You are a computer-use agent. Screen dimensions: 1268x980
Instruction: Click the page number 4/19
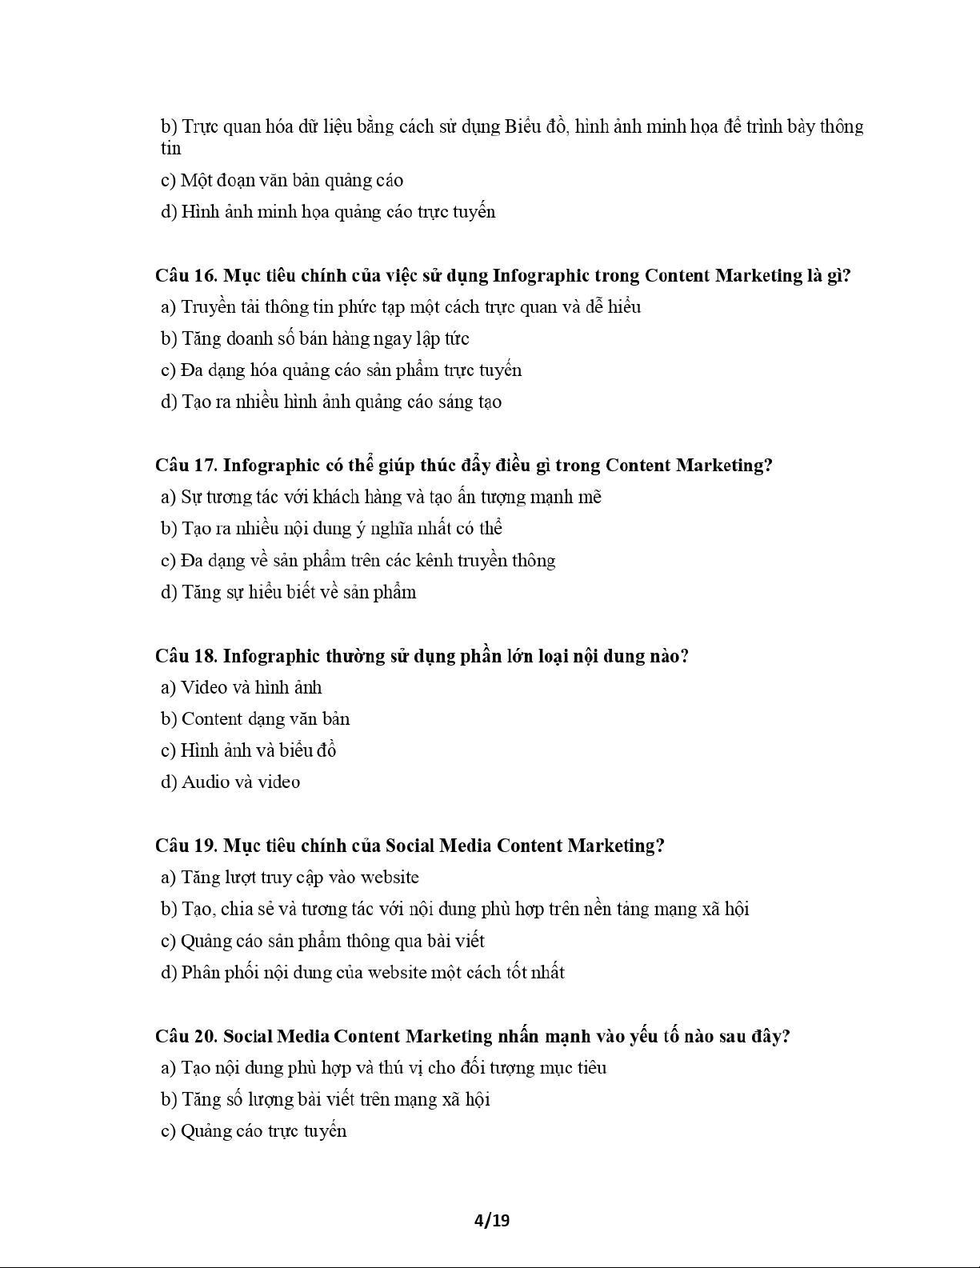click(491, 1220)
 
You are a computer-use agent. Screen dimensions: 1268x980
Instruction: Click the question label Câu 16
click(186, 276)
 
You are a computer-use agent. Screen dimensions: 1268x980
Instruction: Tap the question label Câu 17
click(186, 466)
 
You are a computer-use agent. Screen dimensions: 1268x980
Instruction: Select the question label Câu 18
click(186, 656)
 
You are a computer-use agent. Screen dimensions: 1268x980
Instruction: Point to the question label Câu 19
click(186, 846)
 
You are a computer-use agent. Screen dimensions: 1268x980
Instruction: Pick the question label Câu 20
click(186, 1036)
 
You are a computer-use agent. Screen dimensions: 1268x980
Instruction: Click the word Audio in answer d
click(205, 782)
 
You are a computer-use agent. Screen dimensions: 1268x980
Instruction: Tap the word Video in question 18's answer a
click(204, 687)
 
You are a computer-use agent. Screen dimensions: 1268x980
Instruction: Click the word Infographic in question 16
click(541, 276)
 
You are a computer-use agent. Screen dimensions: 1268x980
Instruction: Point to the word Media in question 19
click(465, 846)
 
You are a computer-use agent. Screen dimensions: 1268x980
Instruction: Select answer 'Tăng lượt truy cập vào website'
click(290, 878)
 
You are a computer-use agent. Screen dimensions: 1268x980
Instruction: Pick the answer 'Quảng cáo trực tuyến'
click(254, 1131)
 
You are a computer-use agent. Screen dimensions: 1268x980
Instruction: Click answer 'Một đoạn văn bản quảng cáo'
click(282, 180)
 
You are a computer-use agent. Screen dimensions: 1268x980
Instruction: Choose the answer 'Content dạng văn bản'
click(255, 719)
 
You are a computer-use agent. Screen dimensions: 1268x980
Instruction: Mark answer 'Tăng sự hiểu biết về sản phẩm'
click(289, 592)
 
